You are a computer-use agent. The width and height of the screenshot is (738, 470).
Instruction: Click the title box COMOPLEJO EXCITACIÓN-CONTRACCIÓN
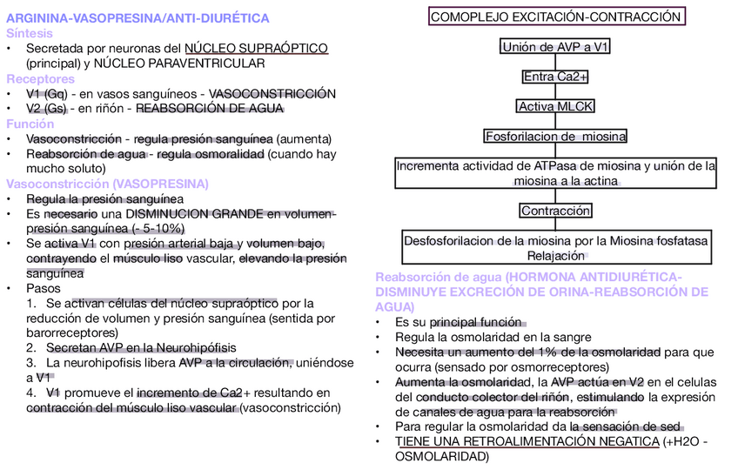556,17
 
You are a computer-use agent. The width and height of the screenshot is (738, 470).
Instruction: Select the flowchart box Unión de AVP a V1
555,47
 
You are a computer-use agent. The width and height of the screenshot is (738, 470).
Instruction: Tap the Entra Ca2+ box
555,77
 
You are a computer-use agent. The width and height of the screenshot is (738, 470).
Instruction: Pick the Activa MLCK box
555,106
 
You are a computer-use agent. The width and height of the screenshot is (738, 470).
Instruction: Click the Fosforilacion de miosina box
555,137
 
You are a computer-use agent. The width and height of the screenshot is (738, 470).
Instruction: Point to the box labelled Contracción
555,211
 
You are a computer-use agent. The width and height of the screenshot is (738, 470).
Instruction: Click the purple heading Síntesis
30,33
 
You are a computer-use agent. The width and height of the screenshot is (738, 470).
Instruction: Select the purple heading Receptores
40,78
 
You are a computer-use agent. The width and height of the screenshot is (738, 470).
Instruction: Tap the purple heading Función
30,124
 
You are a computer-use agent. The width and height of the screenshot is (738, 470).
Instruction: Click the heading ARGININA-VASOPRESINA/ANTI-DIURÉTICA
138,18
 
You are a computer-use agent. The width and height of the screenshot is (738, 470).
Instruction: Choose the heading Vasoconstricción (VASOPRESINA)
107,184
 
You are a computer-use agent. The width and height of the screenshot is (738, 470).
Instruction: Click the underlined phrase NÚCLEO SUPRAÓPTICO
257,48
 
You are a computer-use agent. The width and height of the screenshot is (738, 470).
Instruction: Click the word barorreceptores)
72,332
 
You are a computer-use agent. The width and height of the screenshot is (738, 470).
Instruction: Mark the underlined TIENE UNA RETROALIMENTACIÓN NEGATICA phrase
527,441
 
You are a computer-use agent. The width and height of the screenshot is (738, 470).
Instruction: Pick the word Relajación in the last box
555,256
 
